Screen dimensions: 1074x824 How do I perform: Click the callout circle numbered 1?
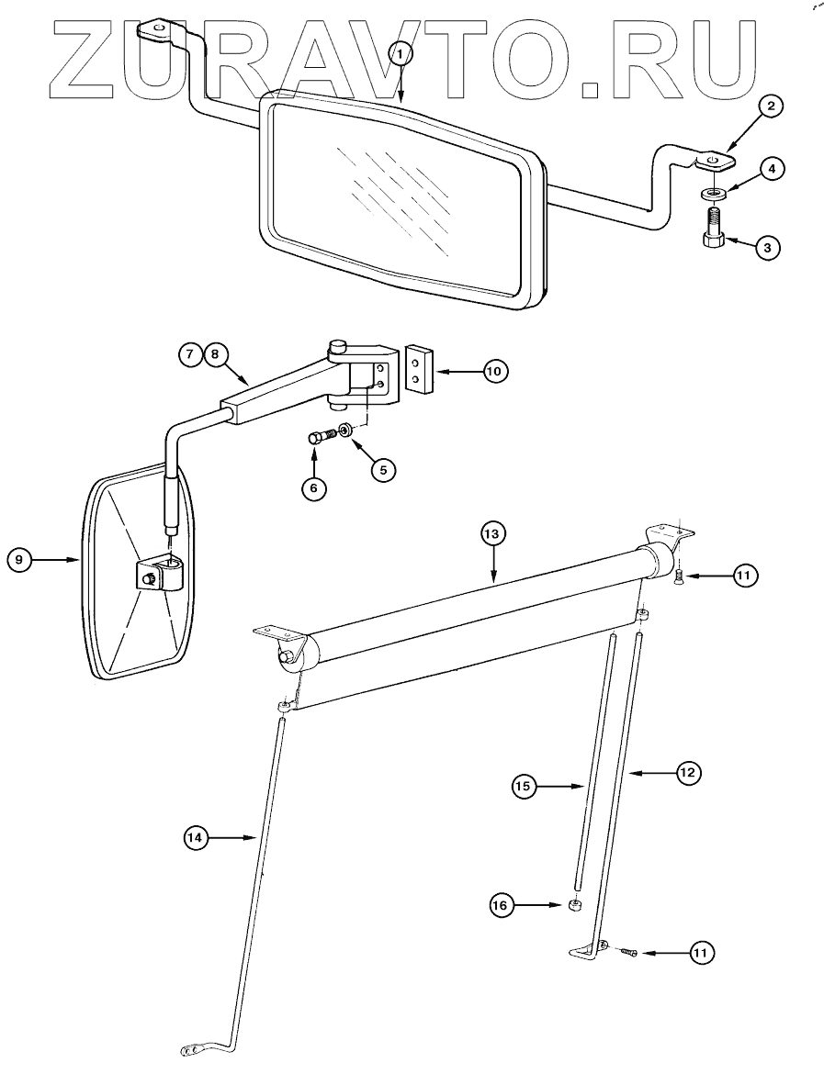click(401, 54)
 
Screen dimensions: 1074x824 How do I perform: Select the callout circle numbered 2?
click(771, 106)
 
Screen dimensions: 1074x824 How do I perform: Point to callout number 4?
click(772, 169)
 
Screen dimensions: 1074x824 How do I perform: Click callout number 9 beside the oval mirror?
click(20, 559)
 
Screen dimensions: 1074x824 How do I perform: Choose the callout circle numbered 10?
click(494, 371)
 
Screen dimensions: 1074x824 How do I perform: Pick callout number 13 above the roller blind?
click(493, 534)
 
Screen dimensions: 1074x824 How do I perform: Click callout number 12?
click(687, 774)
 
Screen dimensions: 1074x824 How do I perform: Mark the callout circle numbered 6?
click(313, 488)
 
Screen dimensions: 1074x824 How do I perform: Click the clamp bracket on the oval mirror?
click(158, 576)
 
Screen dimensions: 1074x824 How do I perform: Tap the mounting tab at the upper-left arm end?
click(156, 32)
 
